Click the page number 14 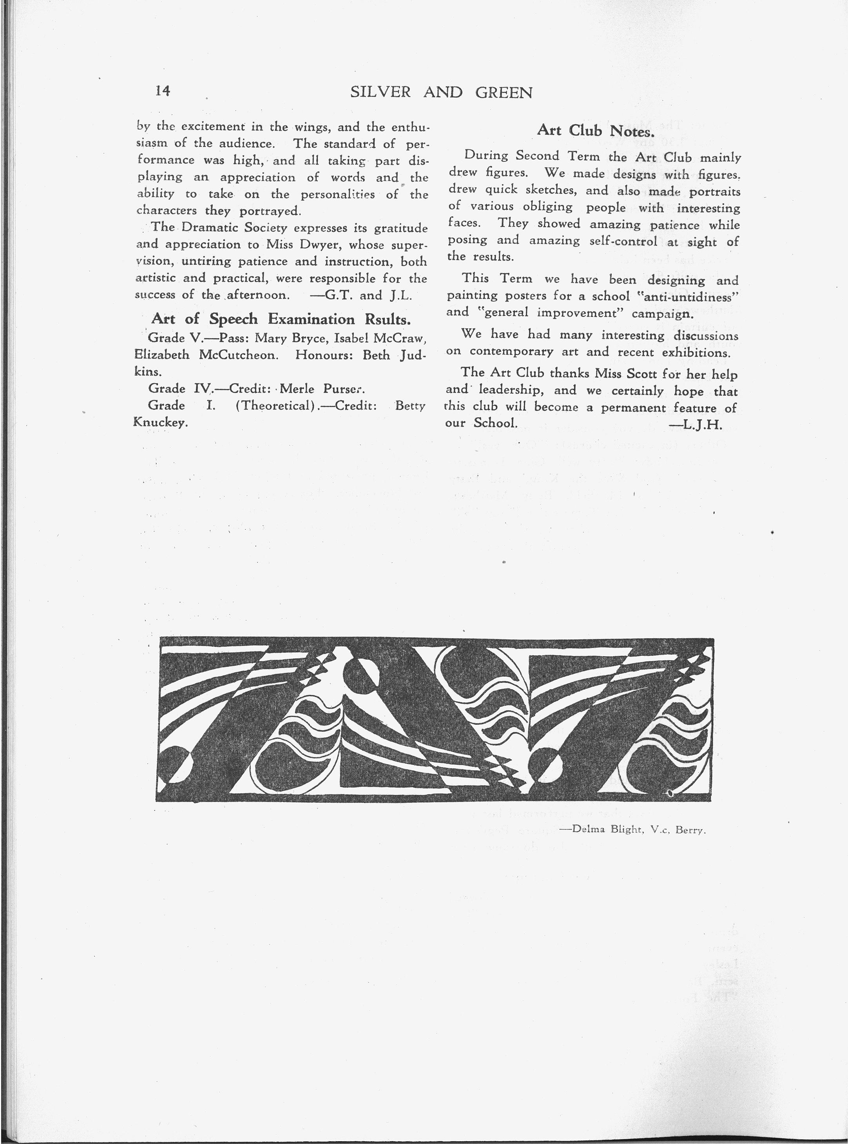click(162, 91)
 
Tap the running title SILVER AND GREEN click(442, 92)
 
